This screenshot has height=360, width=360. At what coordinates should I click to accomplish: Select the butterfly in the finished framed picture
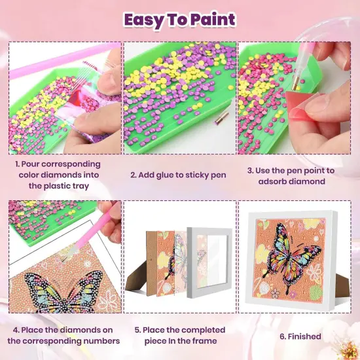pos(293,257)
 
